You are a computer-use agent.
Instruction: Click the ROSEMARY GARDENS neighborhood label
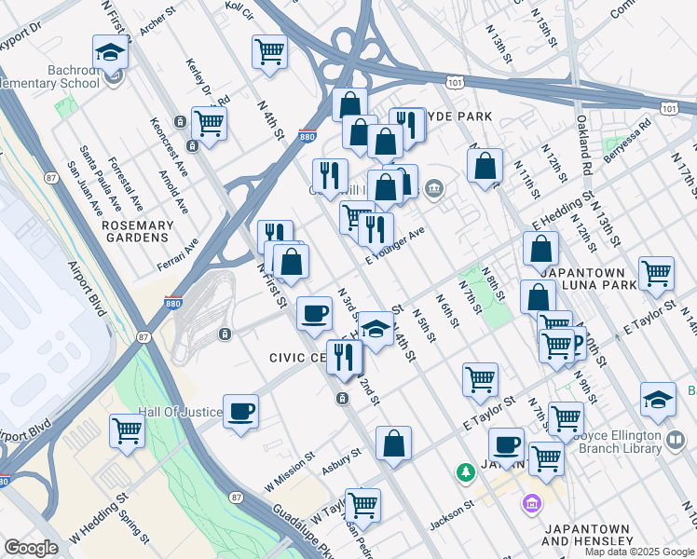tap(138, 231)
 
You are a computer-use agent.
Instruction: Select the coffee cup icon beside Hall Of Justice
tap(240, 411)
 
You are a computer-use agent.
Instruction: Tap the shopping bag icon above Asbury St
tap(394, 443)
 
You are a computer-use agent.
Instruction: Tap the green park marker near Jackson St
tap(466, 473)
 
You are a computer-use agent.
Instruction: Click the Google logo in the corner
tap(31, 548)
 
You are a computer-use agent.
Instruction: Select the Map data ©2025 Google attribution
tap(639, 552)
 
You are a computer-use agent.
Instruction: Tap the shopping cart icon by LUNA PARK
tap(656, 273)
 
